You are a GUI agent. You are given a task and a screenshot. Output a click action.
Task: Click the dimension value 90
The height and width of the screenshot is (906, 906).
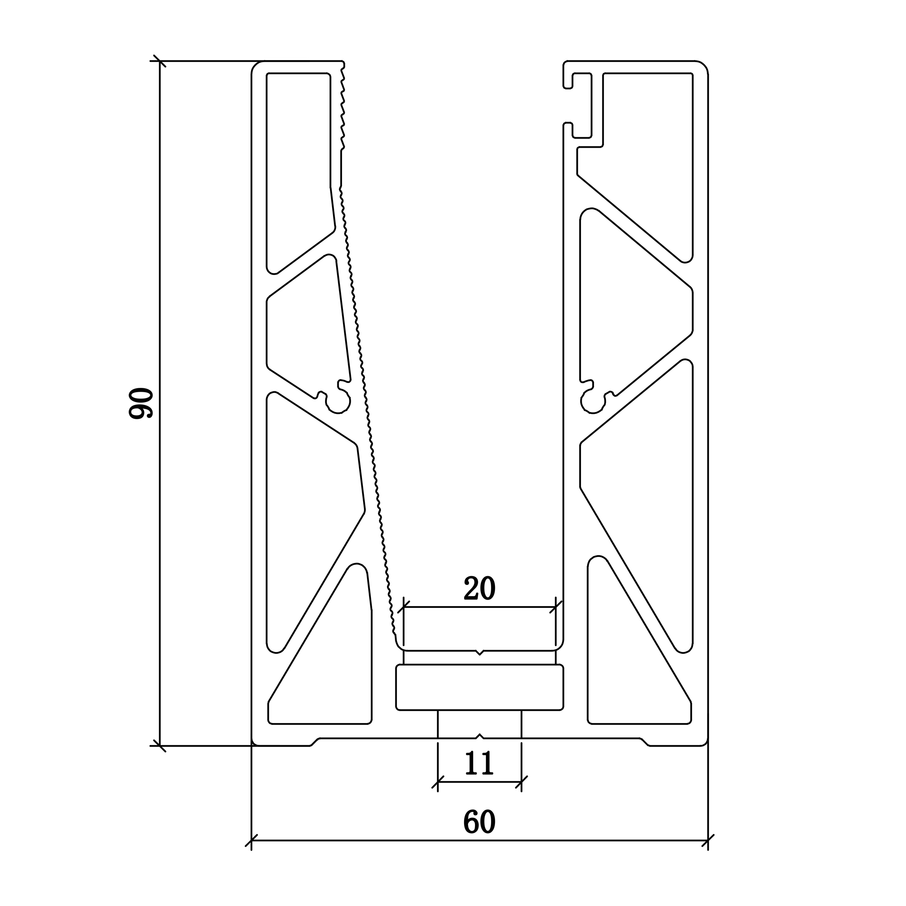click(x=141, y=403)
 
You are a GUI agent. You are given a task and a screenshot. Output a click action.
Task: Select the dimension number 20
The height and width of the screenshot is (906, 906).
click(x=479, y=587)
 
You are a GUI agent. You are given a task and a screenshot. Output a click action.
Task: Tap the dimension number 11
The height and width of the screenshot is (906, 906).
click(x=479, y=763)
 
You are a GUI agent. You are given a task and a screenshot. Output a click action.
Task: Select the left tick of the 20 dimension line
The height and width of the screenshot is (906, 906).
click(x=404, y=607)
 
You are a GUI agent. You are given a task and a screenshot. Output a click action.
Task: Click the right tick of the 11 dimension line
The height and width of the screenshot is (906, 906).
click(x=522, y=782)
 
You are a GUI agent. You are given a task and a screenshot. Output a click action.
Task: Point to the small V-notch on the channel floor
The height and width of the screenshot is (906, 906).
click(x=479, y=652)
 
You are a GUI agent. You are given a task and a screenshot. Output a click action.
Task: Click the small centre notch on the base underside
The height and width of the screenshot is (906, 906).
click(x=479, y=736)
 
